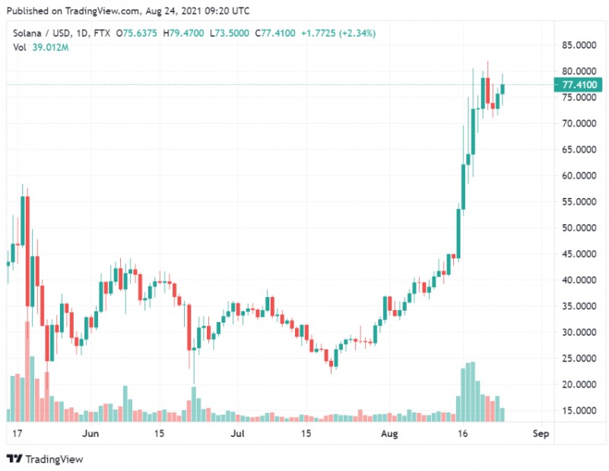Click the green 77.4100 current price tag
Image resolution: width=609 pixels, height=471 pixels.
coord(578,84)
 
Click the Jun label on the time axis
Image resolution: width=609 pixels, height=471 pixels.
coord(90,435)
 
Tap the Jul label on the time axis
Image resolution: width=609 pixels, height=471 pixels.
coord(237,435)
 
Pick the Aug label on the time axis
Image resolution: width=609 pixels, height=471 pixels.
coord(389,435)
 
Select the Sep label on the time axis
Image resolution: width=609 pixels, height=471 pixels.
coord(541,435)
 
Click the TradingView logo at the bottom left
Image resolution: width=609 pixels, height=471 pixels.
coord(45,459)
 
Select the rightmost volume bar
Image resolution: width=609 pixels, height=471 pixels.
coord(503,415)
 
